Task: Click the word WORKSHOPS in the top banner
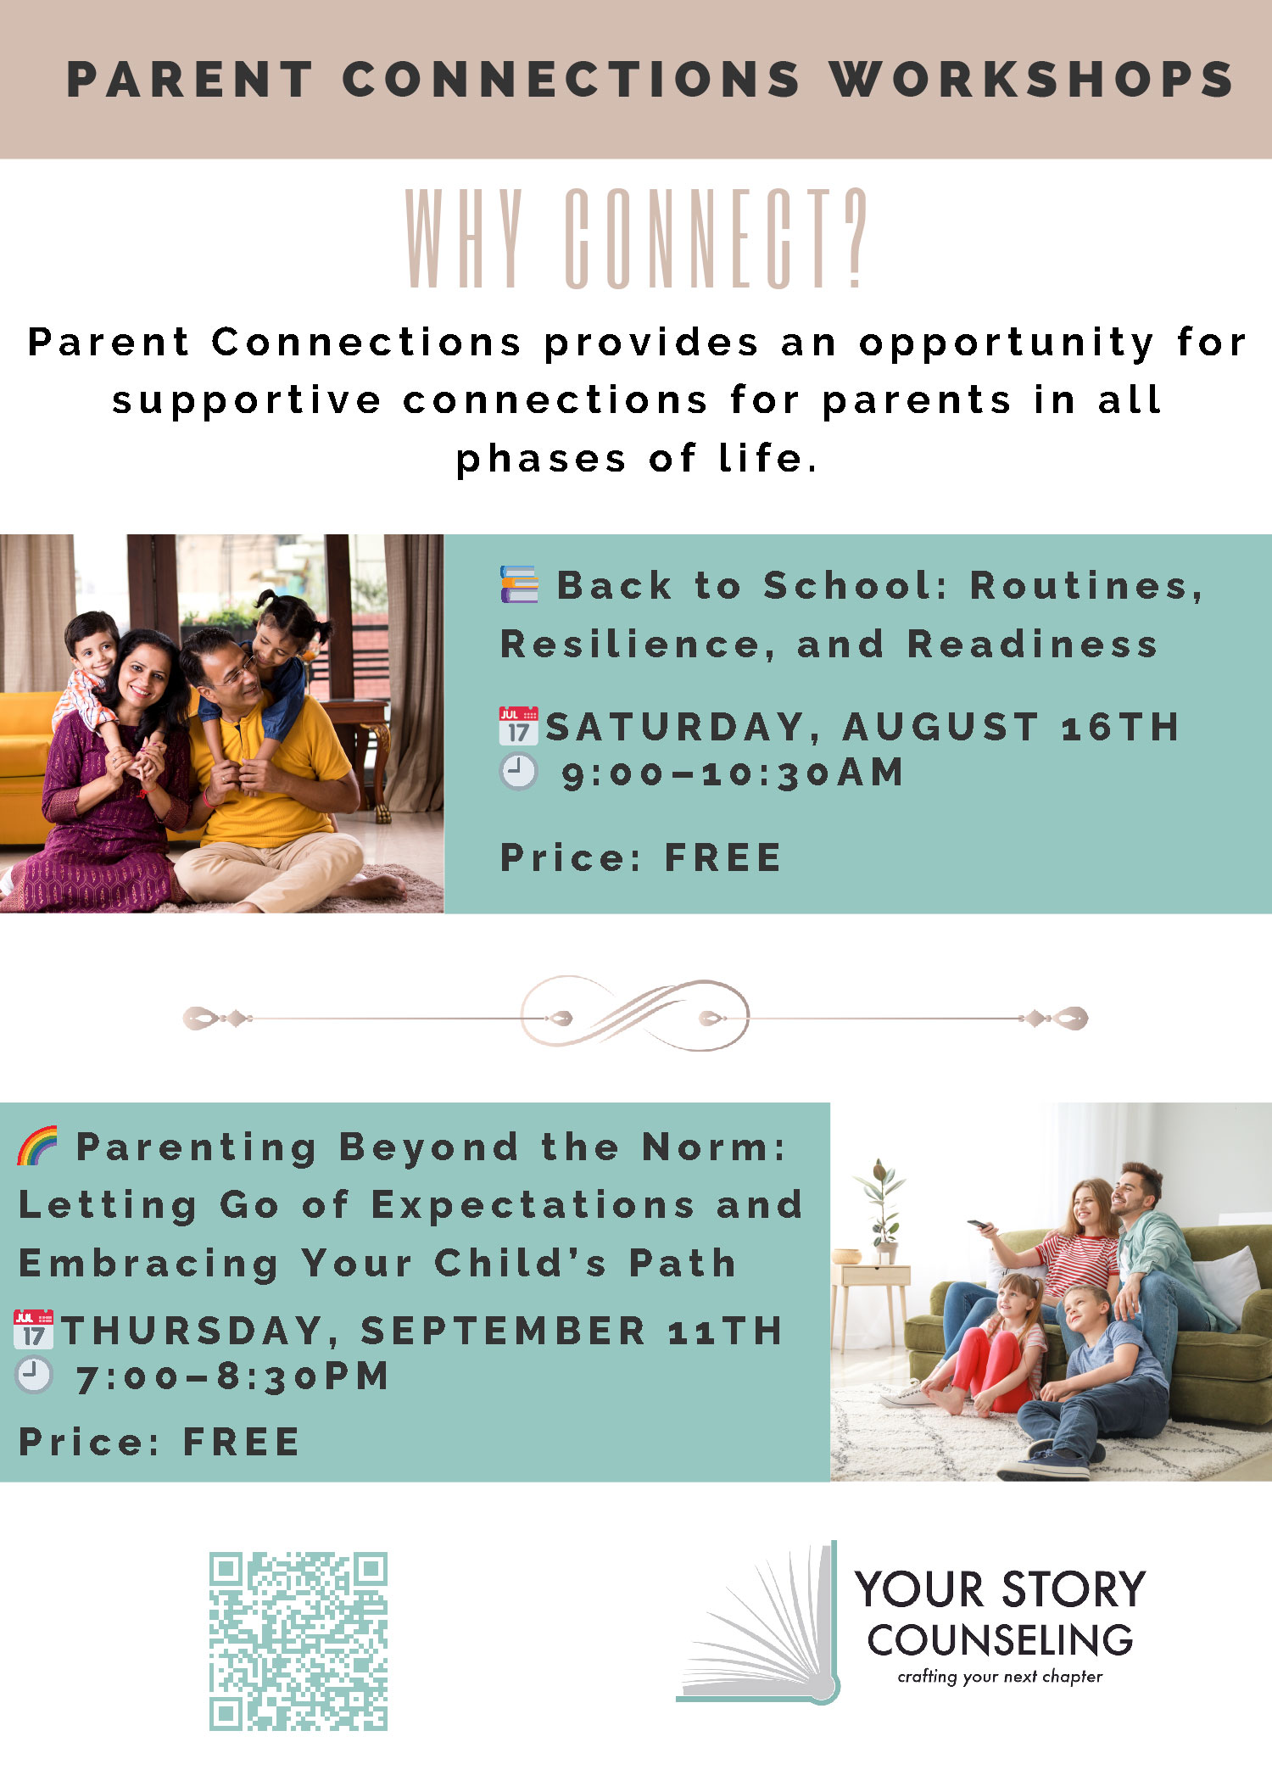tap(1031, 80)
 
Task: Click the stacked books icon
tap(519, 584)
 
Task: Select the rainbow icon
tap(37, 1146)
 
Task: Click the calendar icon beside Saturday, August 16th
tap(519, 726)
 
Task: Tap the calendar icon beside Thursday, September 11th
tap(34, 1330)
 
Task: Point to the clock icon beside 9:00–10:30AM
tap(519, 771)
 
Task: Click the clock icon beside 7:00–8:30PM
tap(34, 1375)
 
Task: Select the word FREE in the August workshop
tap(722, 857)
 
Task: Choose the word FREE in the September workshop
tap(242, 1442)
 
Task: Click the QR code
tap(298, 1641)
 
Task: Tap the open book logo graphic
tap(759, 1624)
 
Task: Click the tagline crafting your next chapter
tap(1000, 1677)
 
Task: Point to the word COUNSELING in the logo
tap(1000, 1641)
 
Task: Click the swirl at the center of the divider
tap(635, 1014)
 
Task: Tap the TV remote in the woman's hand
tap(980, 1225)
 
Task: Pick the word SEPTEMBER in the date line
tap(503, 1331)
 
